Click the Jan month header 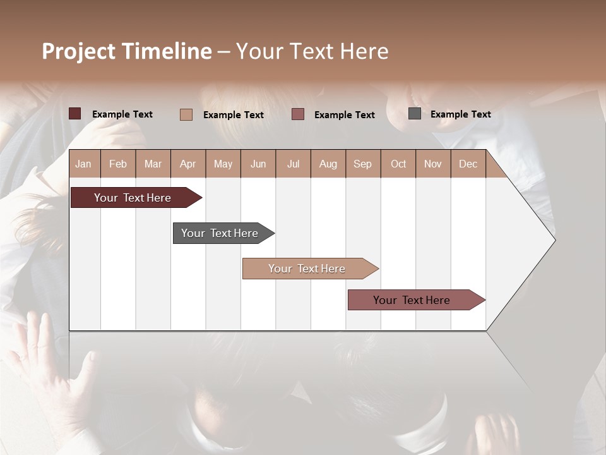(x=84, y=164)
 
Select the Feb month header (x=118, y=164)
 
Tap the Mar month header (x=153, y=164)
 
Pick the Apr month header (x=188, y=164)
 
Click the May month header (x=223, y=164)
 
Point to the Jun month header (x=258, y=164)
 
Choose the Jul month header (x=293, y=164)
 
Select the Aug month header (x=328, y=164)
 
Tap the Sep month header (x=363, y=164)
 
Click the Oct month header (x=398, y=164)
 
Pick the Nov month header (x=433, y=164)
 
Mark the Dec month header (x=468, y=164)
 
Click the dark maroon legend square (x=75, y=114)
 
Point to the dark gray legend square (x=415, y=114)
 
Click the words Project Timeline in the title (x=127, y=51)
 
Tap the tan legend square (x=186, y=114)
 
